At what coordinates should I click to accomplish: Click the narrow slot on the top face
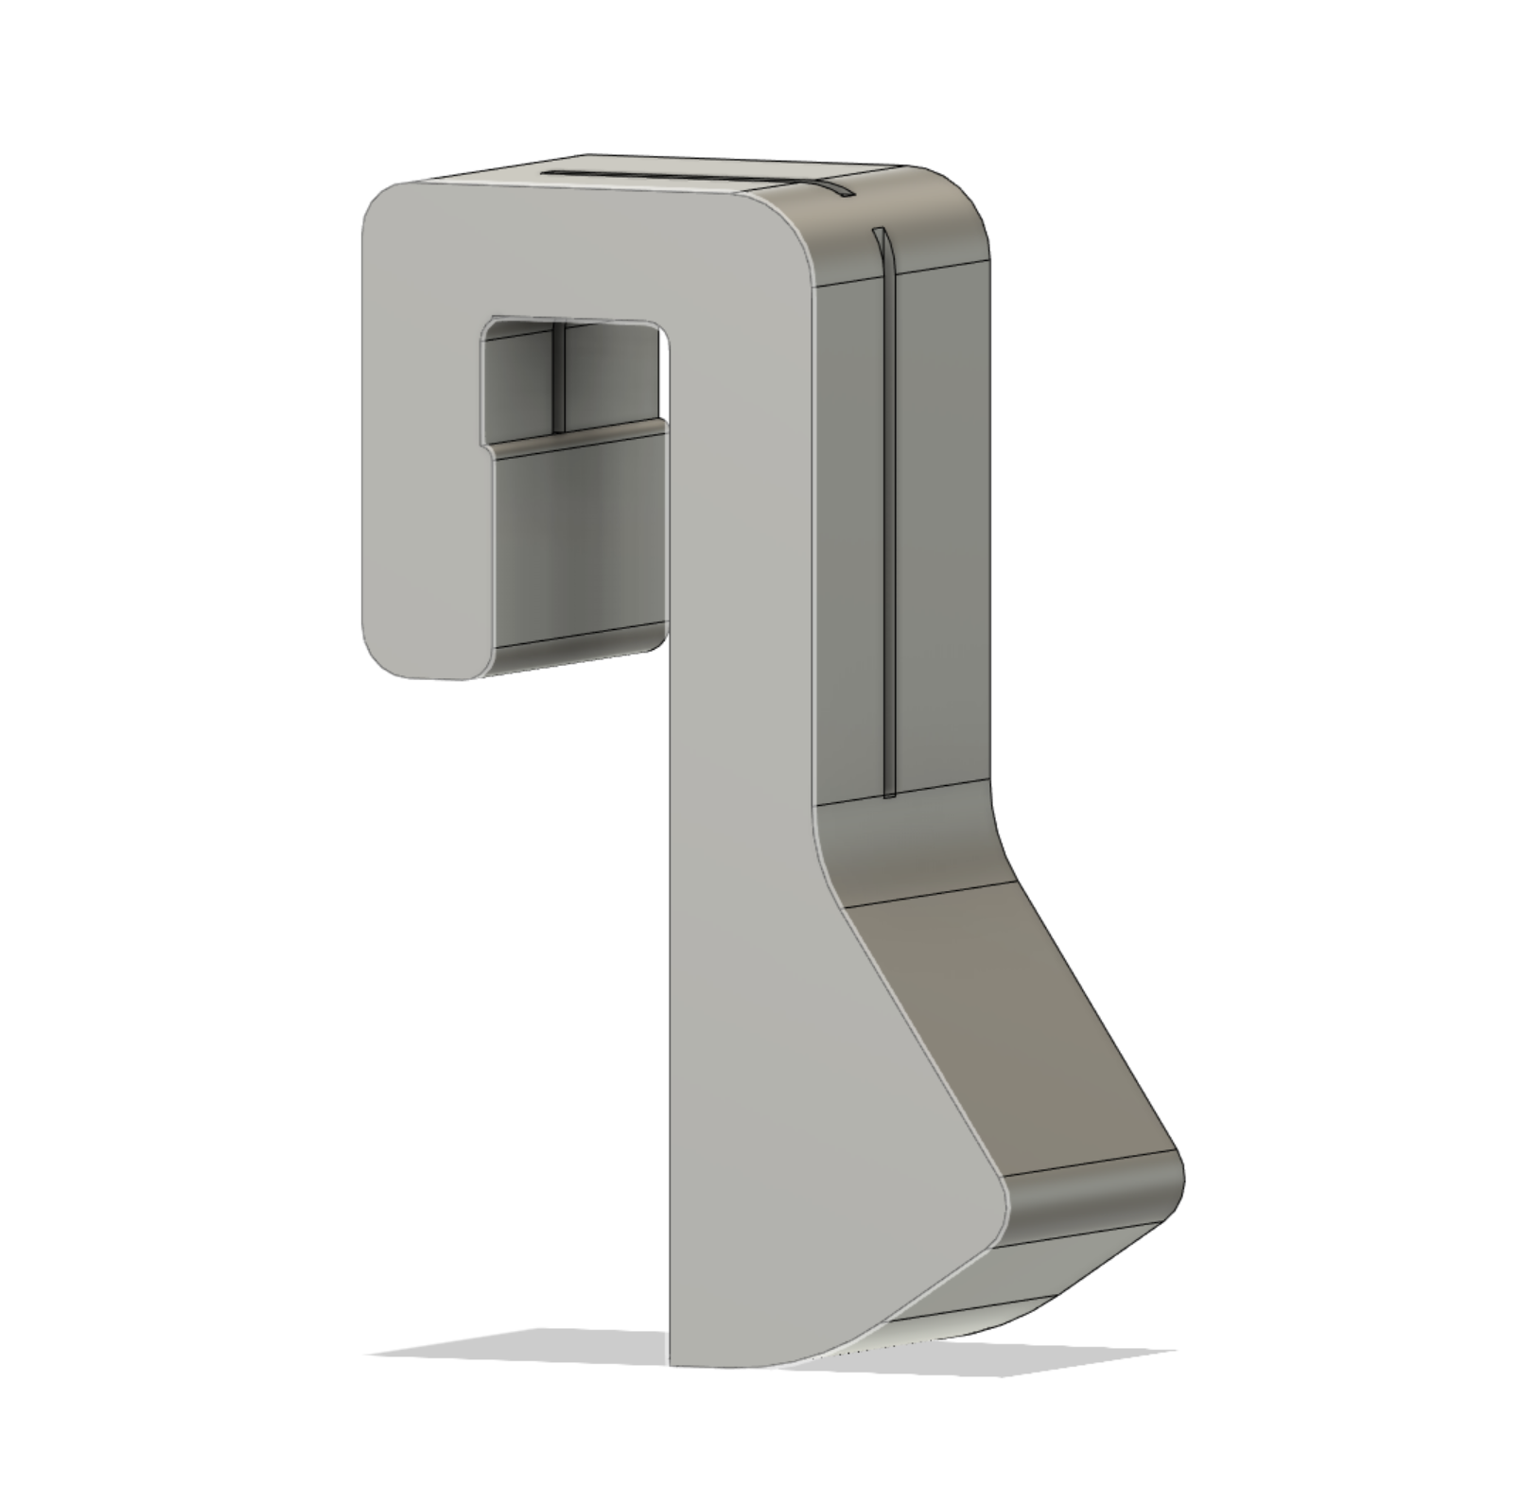681,176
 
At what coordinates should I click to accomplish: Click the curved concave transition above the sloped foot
908,842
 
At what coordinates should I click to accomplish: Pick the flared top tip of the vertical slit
880,236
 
